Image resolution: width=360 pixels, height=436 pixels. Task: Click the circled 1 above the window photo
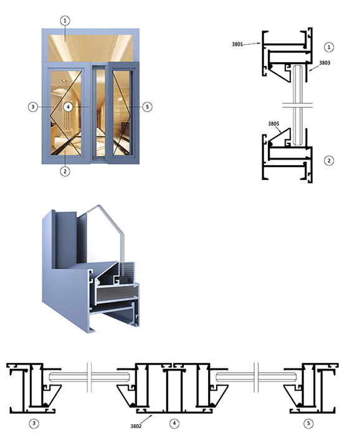(x=65, y=21)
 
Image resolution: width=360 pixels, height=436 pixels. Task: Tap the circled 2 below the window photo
(x=65, y=171)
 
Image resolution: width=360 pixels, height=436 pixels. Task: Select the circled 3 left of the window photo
(x=33, y=107)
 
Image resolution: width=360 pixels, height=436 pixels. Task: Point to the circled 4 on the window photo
(x=68, y=107)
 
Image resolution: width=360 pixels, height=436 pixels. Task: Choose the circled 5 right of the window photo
(x=147, y=107)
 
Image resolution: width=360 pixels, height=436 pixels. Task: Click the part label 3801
(x=237, y=44)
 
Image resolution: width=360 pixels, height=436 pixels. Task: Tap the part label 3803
(x=324, y=63)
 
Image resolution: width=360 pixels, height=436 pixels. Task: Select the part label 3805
(x=273, y=124)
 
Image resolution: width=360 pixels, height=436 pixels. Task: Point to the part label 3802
(x=136, y=426)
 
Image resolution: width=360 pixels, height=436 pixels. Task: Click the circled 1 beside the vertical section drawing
(x=329, y=47)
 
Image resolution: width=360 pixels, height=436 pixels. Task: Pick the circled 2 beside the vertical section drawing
(x=329, y=161)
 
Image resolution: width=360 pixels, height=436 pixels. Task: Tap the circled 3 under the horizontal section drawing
(x=34, y=424)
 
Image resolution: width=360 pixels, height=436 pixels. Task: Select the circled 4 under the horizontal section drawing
(x=174, y=424)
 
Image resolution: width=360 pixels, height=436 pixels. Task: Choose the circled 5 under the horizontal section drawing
(x=308, y=424)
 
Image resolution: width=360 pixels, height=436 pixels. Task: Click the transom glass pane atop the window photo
(x=90, y=48)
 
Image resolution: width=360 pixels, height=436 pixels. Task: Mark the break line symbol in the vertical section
(x=298, y=105)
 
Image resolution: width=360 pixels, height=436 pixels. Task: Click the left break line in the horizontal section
(x=89, y=377)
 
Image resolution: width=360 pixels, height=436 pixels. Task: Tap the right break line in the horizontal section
(x=256, y=377)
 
